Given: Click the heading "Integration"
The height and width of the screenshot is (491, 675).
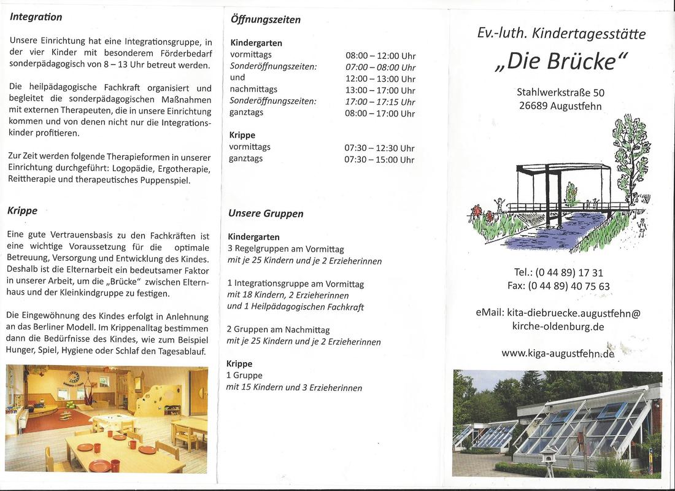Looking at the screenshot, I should pos(36,17).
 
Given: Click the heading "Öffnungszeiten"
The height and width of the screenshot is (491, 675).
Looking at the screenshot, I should pos(265,20).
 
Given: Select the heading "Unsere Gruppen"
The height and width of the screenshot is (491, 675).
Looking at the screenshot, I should pos(266,214).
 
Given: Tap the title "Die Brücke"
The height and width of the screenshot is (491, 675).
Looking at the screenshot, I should pos(561,62).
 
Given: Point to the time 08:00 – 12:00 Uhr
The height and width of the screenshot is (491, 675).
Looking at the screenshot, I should pos(380,56).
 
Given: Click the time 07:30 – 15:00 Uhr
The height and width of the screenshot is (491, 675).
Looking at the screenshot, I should pos(379,160).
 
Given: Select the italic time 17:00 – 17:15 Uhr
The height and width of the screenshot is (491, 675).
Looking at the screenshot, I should pos(380,102).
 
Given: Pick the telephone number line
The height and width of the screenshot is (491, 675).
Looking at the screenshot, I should pos(558,273).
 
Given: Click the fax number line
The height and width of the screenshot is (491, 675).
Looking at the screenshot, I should pos(558,286).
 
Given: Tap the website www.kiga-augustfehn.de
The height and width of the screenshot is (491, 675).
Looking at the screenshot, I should pos(557,353).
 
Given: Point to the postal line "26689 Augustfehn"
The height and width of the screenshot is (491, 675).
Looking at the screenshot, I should pos(560,106).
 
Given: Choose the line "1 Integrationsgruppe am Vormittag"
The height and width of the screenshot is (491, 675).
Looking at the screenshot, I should pos(295,284).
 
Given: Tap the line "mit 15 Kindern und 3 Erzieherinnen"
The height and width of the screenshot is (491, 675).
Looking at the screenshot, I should pos(294,387).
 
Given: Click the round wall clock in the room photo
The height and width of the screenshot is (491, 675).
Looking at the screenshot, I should pos(74,377).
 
